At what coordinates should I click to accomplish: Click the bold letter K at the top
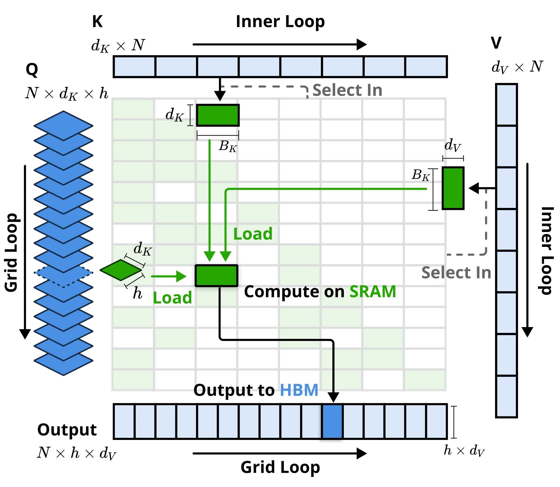97,22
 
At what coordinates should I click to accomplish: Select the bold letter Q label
32,70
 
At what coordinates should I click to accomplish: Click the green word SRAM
373,292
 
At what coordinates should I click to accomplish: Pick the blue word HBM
299,390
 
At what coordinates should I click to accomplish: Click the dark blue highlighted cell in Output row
332,421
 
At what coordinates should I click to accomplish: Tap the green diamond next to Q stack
121,270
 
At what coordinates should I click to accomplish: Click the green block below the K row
218,115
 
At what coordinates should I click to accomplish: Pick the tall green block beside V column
453,188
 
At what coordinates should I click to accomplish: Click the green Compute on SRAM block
216,276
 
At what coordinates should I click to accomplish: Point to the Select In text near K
347,90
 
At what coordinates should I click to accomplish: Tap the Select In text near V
456,273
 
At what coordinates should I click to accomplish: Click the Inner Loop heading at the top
280,22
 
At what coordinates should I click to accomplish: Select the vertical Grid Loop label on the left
12,252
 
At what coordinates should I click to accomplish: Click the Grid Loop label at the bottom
280,467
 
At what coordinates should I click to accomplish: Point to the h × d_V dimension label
464,451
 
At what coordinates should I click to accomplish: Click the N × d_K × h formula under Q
67,93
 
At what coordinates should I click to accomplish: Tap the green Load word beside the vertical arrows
253,234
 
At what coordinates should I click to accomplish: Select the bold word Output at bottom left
67,430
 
